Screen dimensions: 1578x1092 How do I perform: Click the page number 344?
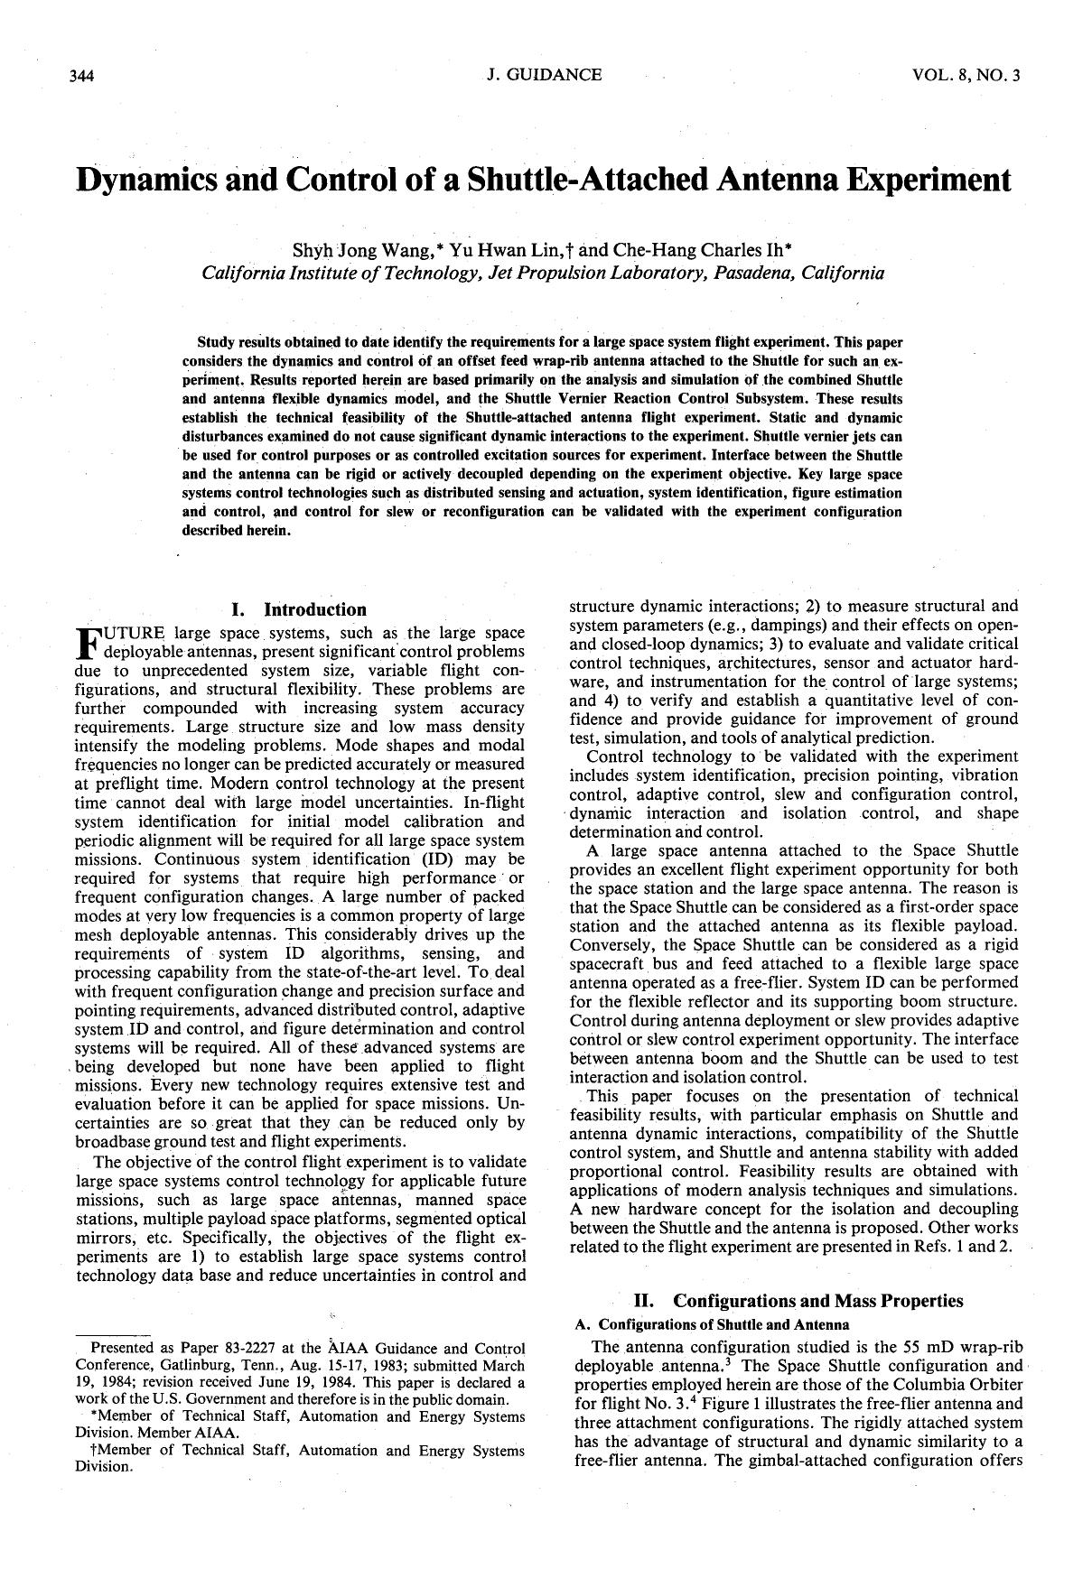[x=82, y=76]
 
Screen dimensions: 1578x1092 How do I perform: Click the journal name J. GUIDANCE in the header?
[x=543, y=75]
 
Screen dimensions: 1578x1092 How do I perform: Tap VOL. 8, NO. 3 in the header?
[x=966, y=76]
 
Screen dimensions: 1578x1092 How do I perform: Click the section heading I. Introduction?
[x=299, y=609]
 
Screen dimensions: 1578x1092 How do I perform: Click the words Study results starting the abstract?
[x=238, y=343]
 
